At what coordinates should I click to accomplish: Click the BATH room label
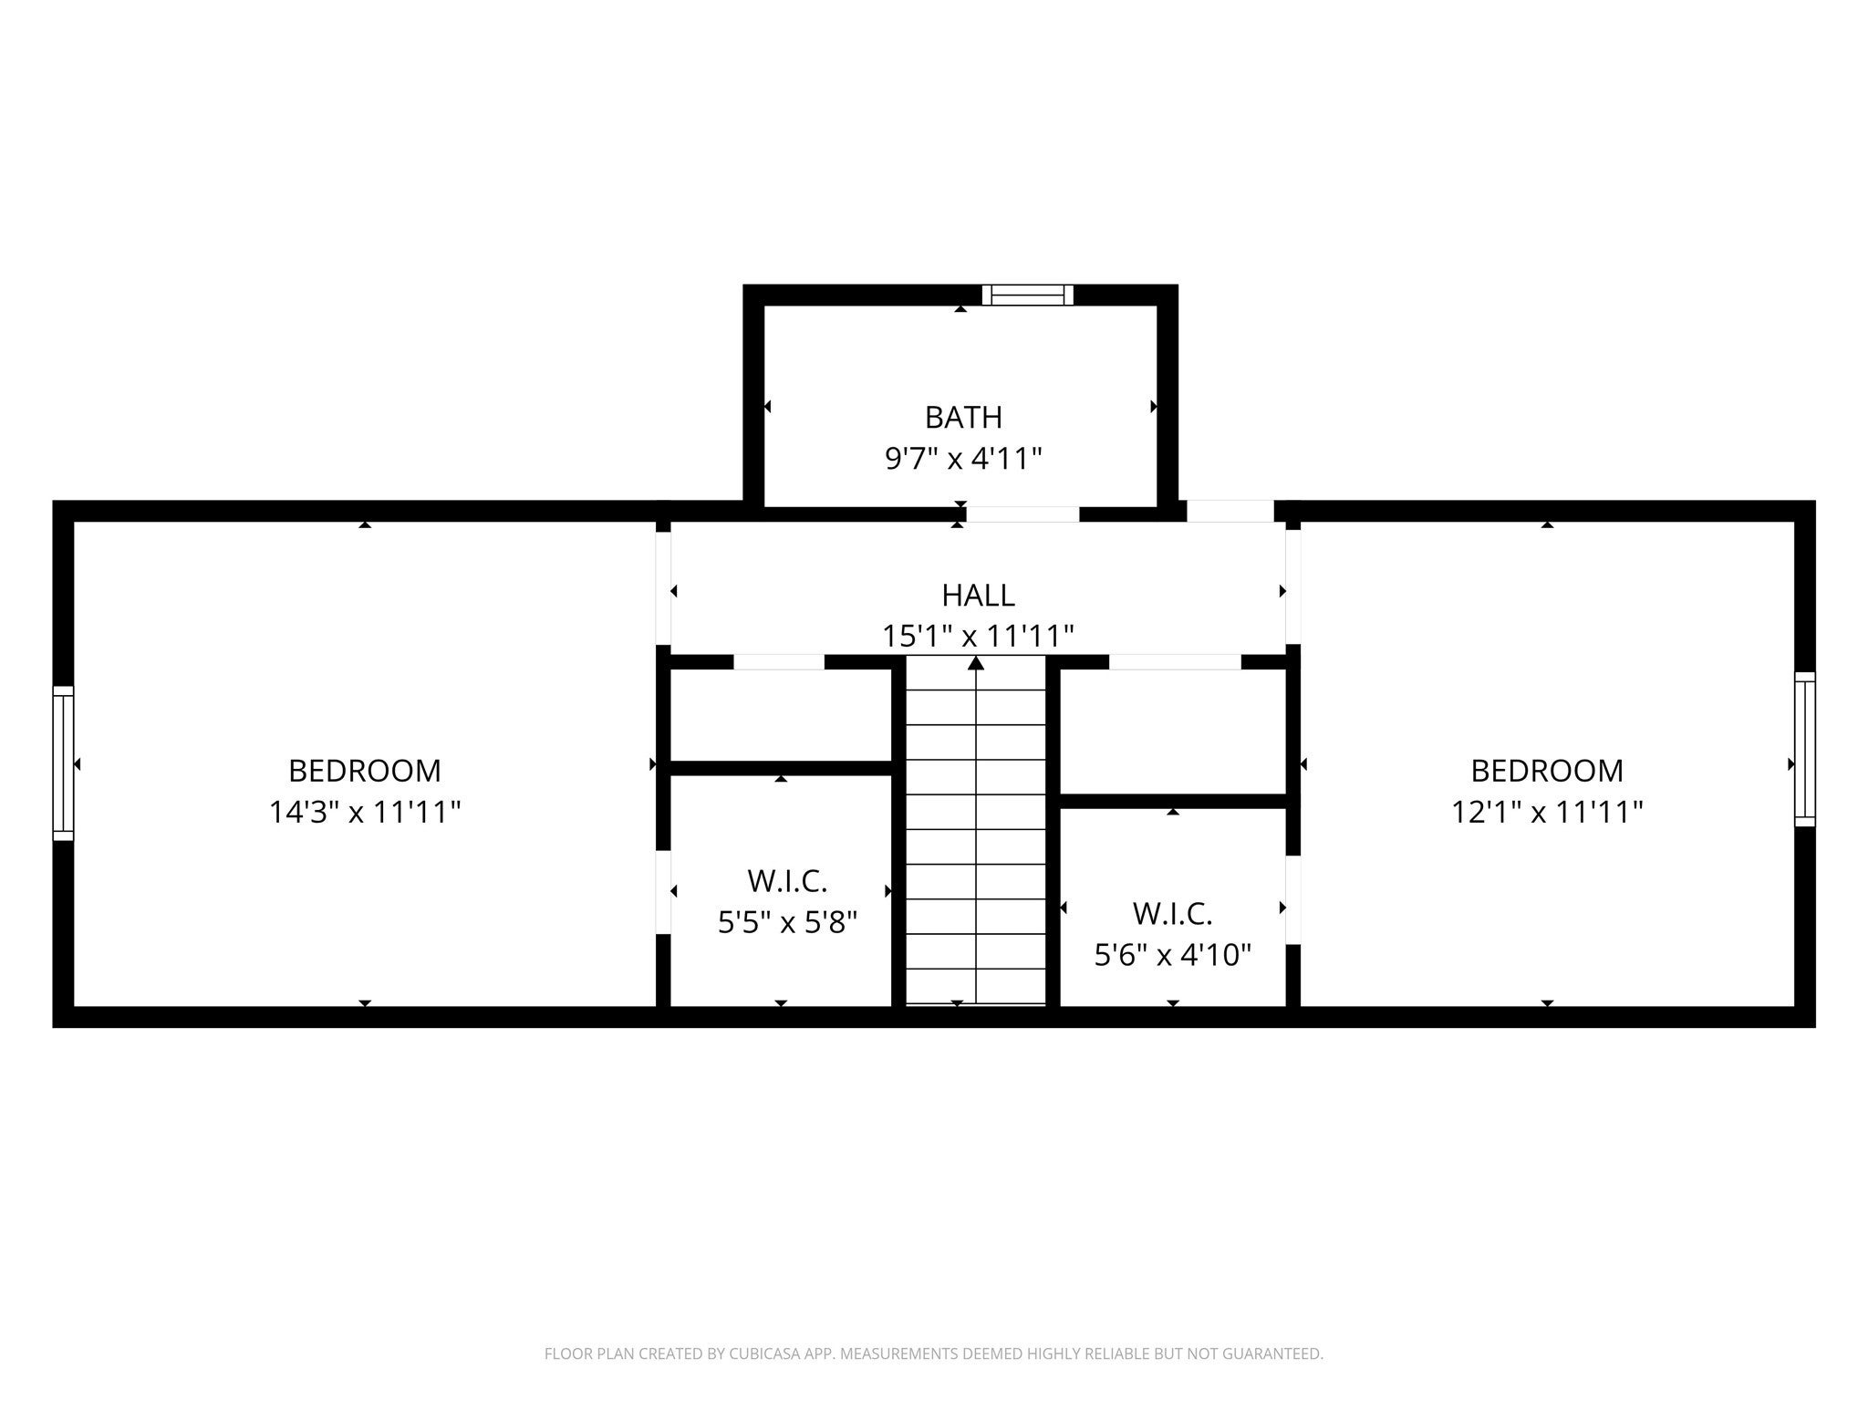tap(963, 417)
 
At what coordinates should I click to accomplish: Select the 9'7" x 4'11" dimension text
tap(963, 458)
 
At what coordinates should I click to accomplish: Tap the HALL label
tap(978, 596)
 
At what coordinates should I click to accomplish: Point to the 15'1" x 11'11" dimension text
tap(978, 636)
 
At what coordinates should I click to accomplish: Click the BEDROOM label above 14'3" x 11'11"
tap(365, 771)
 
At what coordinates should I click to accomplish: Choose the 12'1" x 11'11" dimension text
tap(1547, 812)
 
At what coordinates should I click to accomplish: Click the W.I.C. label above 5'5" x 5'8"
tap(787, 881)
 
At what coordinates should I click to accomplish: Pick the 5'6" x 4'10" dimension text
tap(1172, 955)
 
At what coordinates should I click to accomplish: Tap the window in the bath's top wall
tap(1028, 295)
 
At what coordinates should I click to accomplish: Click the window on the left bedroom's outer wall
tap(63, 763)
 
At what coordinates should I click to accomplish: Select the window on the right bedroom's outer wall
tap(1804, 750)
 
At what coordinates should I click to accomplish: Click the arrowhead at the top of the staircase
tap(976, 663)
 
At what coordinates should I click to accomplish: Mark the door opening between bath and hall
tap(1022, 514)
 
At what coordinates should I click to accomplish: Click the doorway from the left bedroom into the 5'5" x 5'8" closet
tap(664, 892)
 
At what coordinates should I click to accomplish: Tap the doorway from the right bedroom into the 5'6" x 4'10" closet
tap(1292, 899)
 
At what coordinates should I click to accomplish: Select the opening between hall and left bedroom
tap(664, 588)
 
